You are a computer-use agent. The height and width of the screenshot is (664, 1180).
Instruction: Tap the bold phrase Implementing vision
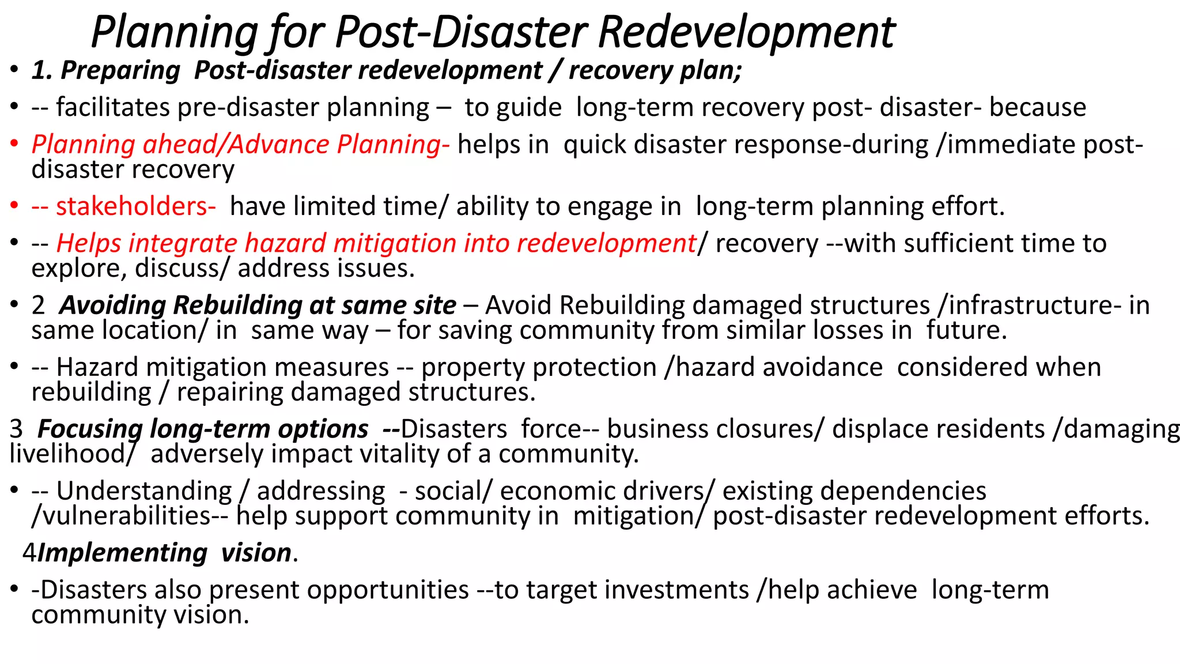165,553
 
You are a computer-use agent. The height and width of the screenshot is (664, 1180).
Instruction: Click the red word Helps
88,243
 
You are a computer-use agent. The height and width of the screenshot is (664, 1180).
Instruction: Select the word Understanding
144,491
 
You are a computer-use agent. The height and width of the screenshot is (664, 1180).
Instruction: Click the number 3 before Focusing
16,429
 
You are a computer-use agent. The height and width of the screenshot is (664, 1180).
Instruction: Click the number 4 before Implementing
29,553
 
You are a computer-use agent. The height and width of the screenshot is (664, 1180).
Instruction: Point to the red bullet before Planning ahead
14,145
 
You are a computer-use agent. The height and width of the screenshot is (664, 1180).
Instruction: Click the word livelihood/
72,454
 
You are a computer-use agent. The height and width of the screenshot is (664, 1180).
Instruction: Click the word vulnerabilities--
130,516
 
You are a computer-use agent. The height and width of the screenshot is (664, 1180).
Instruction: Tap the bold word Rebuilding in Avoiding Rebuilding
237,305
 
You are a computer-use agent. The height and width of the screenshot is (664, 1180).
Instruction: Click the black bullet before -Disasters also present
14,590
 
